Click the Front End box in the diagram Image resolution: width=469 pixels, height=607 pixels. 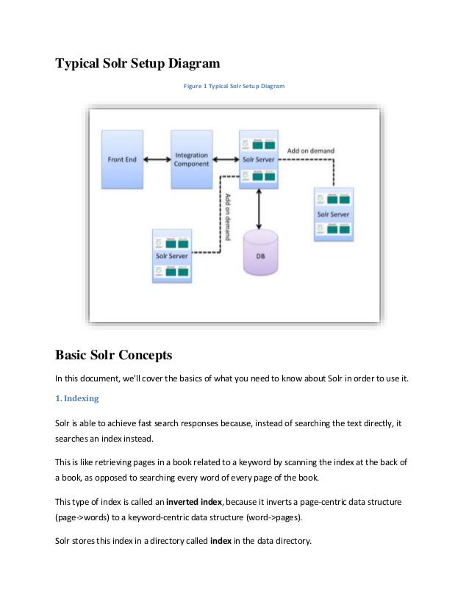[x=122, y=159]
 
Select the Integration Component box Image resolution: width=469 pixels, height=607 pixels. [x=191, y=159]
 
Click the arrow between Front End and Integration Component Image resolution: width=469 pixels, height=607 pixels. [x=157, y=159]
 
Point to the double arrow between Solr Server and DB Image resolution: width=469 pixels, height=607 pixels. [x=259, y=208]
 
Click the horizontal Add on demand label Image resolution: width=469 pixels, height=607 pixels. [x=310, y=151]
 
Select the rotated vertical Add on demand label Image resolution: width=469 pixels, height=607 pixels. [x=229, y=212]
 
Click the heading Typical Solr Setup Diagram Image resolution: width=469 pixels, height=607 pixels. [x=137, y=64]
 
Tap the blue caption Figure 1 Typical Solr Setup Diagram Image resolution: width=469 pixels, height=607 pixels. [x=234, y=86]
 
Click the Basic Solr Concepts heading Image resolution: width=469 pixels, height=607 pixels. [x=113, y=356]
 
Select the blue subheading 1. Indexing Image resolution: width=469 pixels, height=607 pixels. [x=77, y=398]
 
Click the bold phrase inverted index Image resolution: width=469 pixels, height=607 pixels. [x=196, y=501]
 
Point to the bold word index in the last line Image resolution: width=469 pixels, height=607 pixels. [x=221, y=541]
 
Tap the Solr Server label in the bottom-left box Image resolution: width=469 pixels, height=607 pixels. [x=171, y=256]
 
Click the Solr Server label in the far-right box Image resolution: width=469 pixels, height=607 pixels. [x=333, y=215]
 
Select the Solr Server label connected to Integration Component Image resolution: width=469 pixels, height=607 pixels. [x=259, y=159]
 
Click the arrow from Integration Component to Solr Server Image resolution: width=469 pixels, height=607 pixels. [x=225, y=159]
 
